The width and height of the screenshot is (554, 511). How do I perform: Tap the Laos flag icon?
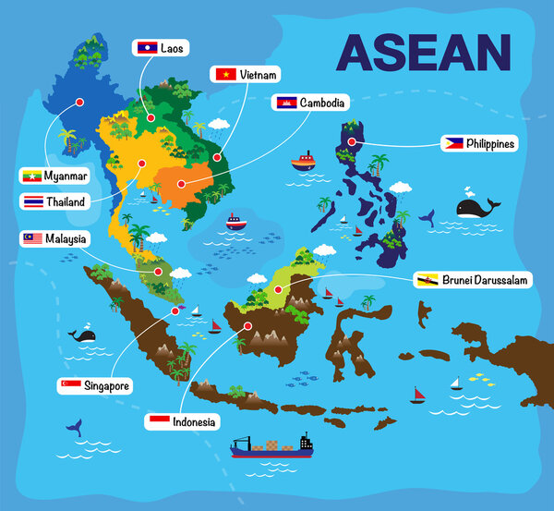146,47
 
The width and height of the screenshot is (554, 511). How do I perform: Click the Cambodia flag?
285,103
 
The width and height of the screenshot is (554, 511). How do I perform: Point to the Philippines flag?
452,143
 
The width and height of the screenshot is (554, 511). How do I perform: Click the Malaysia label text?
66,239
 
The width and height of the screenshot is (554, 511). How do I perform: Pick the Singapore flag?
69,385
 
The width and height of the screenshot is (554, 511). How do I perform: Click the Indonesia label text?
195,421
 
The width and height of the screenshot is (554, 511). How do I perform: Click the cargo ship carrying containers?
271,446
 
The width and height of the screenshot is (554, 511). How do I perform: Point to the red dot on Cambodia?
181,184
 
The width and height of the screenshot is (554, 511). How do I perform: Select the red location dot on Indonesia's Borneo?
247,325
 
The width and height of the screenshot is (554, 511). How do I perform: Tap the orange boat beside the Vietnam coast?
303,163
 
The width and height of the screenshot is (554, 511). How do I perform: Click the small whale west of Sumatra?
86,335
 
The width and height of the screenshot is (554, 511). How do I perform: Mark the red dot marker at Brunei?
277,290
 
